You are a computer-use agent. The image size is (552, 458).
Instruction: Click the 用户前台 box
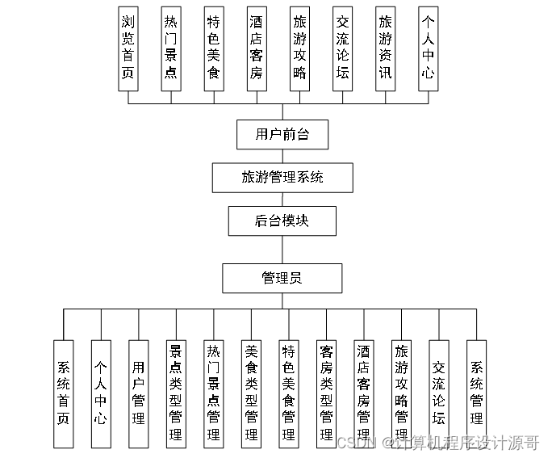282,134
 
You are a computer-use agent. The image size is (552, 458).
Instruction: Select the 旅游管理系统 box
282,177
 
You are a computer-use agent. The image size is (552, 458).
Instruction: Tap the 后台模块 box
282,221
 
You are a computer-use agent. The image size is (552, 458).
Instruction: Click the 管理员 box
282,279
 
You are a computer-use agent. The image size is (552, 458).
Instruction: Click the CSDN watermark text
356,443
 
